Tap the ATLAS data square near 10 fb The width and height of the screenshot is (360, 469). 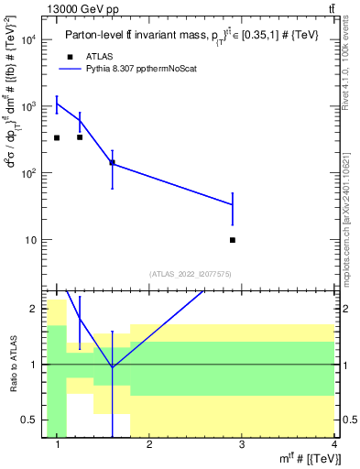233,240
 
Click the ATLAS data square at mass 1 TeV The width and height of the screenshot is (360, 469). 57,137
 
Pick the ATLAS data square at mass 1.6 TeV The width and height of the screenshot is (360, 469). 112,162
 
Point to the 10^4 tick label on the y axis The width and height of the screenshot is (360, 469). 28,39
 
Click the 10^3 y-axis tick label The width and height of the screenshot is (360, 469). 28,106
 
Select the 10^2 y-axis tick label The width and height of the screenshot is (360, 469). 28,173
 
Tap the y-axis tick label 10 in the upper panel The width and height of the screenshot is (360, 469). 31,240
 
